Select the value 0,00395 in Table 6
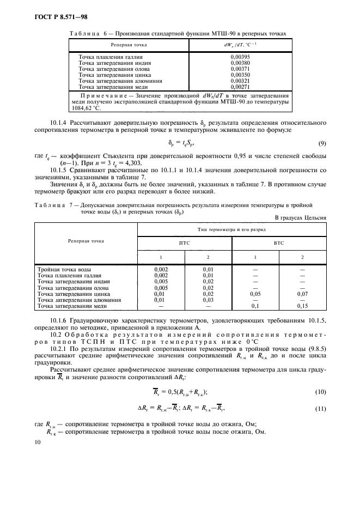pos(240,57)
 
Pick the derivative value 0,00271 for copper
pos(240,87)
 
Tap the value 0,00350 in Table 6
pos(240,75)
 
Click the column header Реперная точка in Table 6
pos(129,44)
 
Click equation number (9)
pos(321,143)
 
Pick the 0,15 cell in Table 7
pos(303,305)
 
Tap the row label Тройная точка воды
pos(64,269)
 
